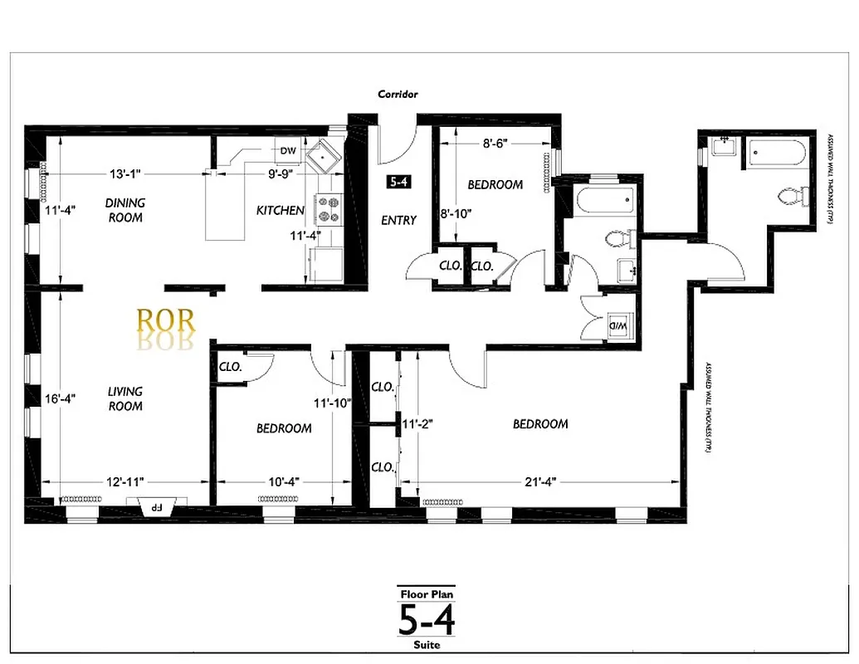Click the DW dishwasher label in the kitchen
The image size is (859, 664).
[288, 150]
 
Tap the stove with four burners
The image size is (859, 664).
[329, 209]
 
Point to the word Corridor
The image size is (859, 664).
[398, 95]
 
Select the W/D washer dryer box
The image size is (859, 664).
[620, 325]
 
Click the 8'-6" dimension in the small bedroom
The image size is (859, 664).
[495, 143]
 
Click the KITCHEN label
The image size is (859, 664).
[280, 211]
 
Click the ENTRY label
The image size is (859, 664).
[398, 220]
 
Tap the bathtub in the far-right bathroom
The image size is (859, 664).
[776, 154]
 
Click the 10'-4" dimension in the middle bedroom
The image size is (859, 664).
[285, 481]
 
